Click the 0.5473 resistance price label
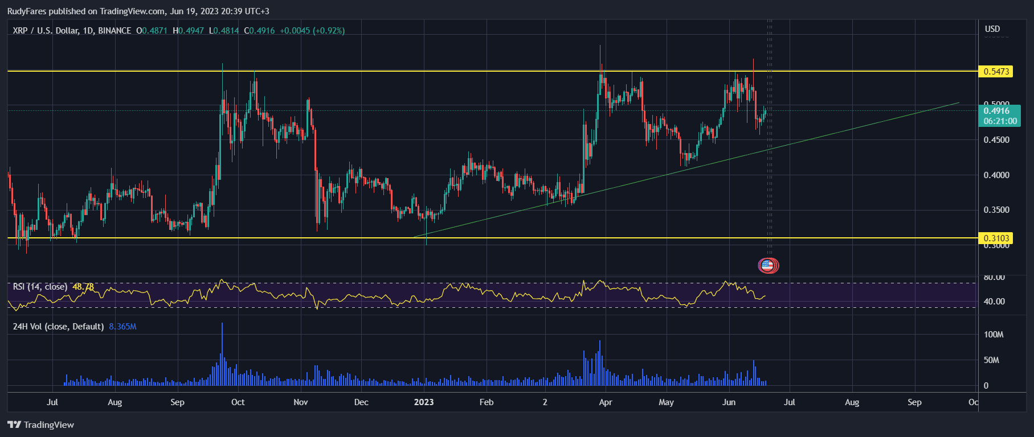[995, 72]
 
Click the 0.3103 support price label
[995, 238]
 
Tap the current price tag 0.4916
[997, 111]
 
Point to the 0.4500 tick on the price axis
[996, 140]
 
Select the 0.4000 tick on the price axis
[996, 175]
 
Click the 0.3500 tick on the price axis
[996, 210]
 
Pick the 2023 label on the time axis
[424, 402]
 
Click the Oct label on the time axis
[238, 402]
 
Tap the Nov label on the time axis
[301, 402]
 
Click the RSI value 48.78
[83, 287]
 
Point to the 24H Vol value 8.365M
[122, 327]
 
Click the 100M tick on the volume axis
[994, 335]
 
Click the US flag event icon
[767, 265]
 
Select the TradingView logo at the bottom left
[41, 425]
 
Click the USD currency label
[992, 29]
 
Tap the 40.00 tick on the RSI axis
[994, 302]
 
